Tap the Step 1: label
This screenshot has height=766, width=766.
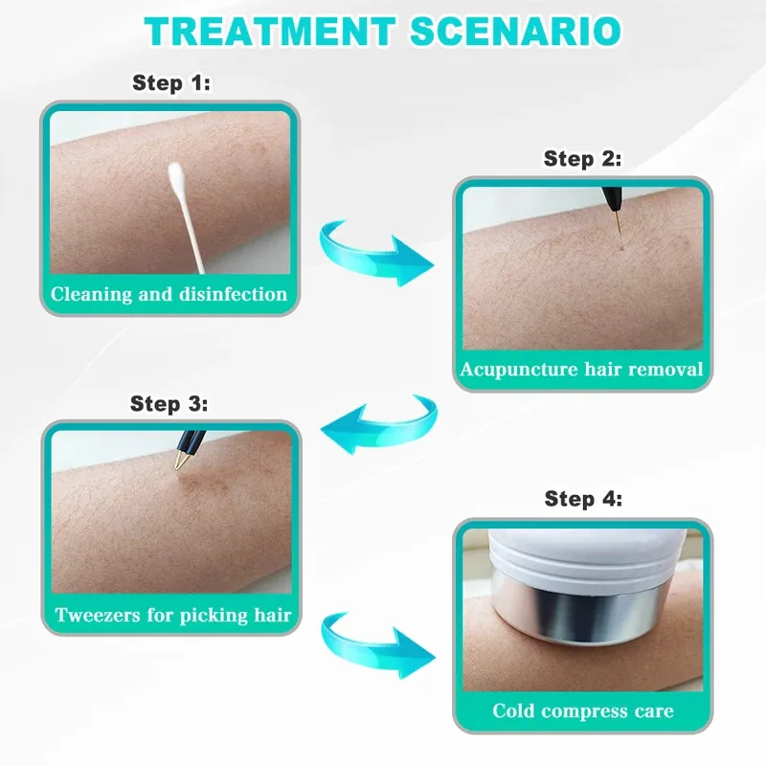click(x=170, y=83)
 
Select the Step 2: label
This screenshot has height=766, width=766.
click(x=582, y=159)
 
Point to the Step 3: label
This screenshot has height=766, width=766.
click(x=169, y=404)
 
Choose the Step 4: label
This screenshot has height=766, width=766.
click(x=582, y=499)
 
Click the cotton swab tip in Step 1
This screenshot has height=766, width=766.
click(x=176, y=176)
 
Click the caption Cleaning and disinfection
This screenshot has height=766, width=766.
click(x=169, y=294)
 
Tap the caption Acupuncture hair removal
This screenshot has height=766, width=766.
click(x=582, y=370)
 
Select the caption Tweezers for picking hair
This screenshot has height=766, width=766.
click(x=172, y=614)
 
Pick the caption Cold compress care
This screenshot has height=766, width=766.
click(x=582, y=710)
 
